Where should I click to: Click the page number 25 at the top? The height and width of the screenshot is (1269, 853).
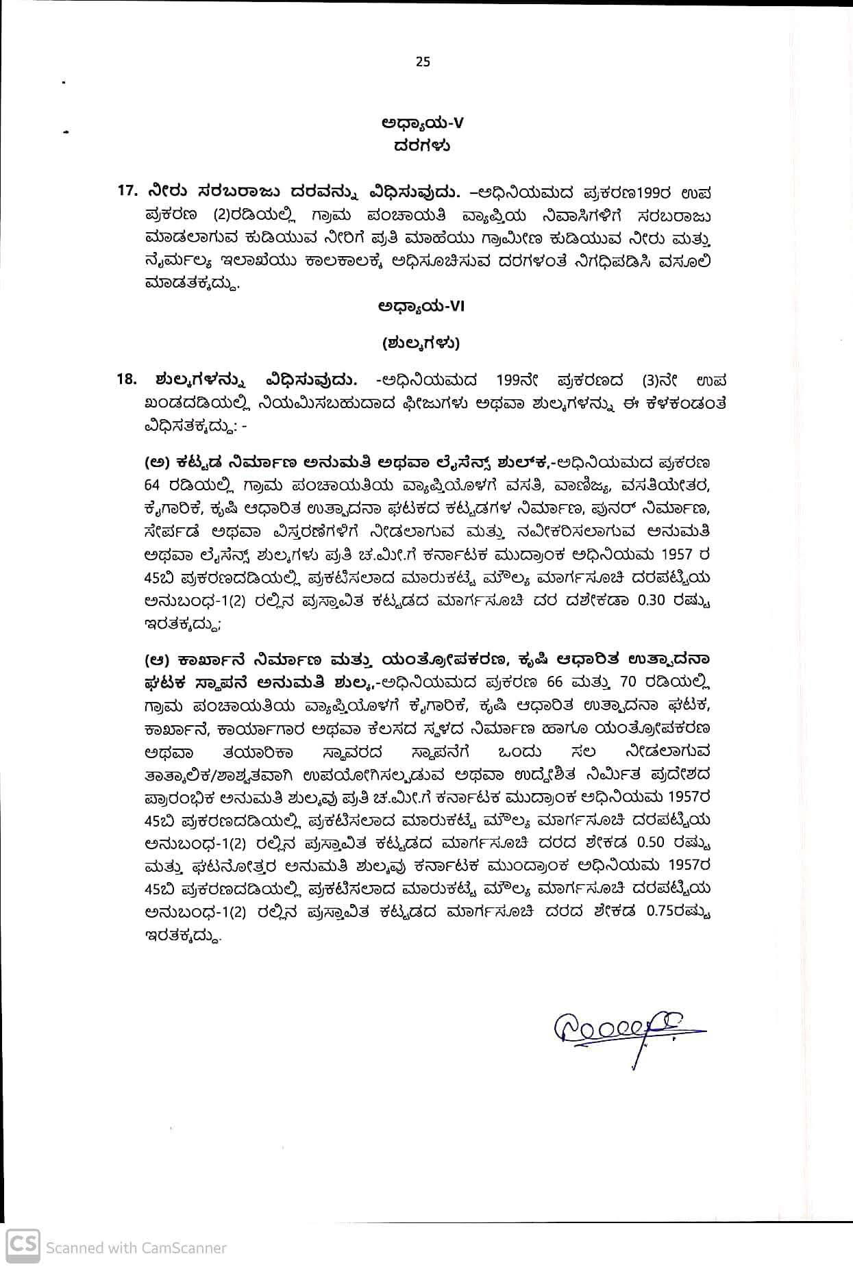[x=423, y=62]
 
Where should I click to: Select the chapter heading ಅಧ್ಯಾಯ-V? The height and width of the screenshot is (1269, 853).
[x=422, y=123]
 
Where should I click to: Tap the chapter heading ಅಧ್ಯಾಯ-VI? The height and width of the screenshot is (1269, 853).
[x=421, y=307]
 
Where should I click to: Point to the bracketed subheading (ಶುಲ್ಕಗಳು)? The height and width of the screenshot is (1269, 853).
[x=421, y=343]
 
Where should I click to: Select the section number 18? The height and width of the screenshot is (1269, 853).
[x=127, y=379]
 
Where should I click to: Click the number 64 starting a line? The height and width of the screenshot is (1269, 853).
[x=153, y=486]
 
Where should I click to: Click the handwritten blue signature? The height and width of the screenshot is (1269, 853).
[x=623, y=1028]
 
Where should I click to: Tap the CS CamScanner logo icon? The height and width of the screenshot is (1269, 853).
[x=22, y=1242]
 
